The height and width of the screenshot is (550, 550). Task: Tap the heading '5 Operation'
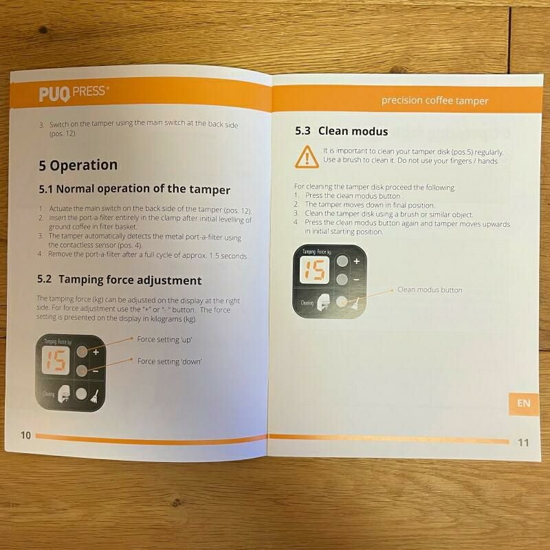click(78, 165)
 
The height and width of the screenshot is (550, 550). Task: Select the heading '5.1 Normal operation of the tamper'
click(134, 189)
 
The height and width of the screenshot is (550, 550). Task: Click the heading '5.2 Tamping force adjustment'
click(119, 280)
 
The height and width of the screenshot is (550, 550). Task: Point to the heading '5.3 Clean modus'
click(342, 131)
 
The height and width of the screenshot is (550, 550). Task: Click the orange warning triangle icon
click(305, 157)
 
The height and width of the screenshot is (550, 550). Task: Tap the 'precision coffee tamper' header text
click(434, 100)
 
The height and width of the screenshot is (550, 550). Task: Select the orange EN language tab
click(524, 403)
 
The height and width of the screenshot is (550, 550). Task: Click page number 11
click(523, 442)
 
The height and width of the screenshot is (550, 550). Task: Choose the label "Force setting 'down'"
click(169, 361)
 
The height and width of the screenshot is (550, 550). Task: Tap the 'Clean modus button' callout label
click(430, 289)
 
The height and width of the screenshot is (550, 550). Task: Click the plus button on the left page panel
click(82, 351)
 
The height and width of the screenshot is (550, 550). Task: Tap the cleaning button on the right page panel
click(342, 302)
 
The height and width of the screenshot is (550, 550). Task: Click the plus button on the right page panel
click(342, 262)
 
